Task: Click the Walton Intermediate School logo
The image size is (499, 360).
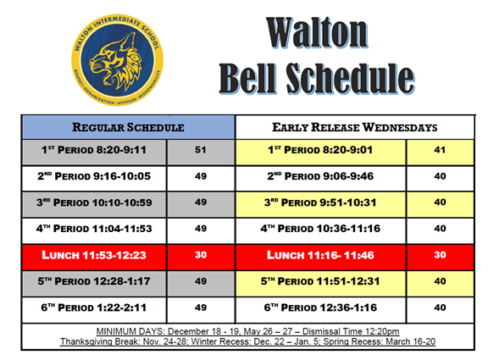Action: click(x=117, y=60)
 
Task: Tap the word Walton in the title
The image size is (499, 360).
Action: click(x=317, y=33)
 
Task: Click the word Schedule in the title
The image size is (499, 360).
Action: click(x=351, y=78)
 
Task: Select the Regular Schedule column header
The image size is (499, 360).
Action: click(x=128, y=127)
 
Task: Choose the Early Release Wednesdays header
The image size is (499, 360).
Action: click(x=354, y=127)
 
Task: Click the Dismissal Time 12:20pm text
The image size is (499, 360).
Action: click(x=351, y=331)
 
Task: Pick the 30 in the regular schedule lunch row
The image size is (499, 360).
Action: click(x=201, y=255)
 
